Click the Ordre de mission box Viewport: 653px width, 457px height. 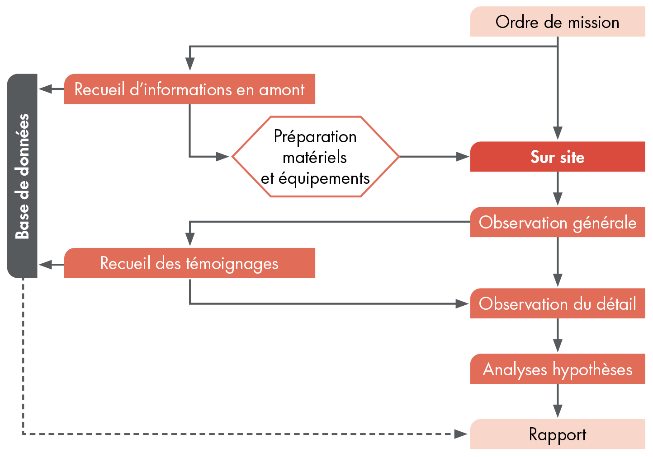(x=557, y=22)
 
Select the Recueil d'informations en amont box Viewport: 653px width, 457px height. (x=189, y=89)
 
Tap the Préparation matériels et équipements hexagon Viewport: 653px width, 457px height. (x=315, y=157)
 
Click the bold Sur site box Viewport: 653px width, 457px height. (x=557, y=157)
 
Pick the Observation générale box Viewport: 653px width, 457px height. (x=557, y=222)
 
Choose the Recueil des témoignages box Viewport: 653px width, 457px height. (x=189, y=263)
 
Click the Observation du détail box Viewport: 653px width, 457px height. (x=557, y=303)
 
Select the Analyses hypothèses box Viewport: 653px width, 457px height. (x=557, y=369)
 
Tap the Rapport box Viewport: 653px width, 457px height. (x=557, y=434)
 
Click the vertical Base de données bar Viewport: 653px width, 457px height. (x=22, y=176)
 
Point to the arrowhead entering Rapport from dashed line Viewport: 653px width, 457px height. (x=461, y=434)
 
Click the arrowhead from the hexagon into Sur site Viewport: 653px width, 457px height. (x=463, y=157)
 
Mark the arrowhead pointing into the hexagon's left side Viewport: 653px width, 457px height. (x=223, y=157)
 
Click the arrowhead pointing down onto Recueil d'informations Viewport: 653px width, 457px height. (x=190, y=65)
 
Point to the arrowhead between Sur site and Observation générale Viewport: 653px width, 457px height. (x=558, y=199)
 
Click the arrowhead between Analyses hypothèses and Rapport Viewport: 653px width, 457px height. (x=558, y=411)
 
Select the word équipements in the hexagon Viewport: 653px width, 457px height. (x=324, y=178)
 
